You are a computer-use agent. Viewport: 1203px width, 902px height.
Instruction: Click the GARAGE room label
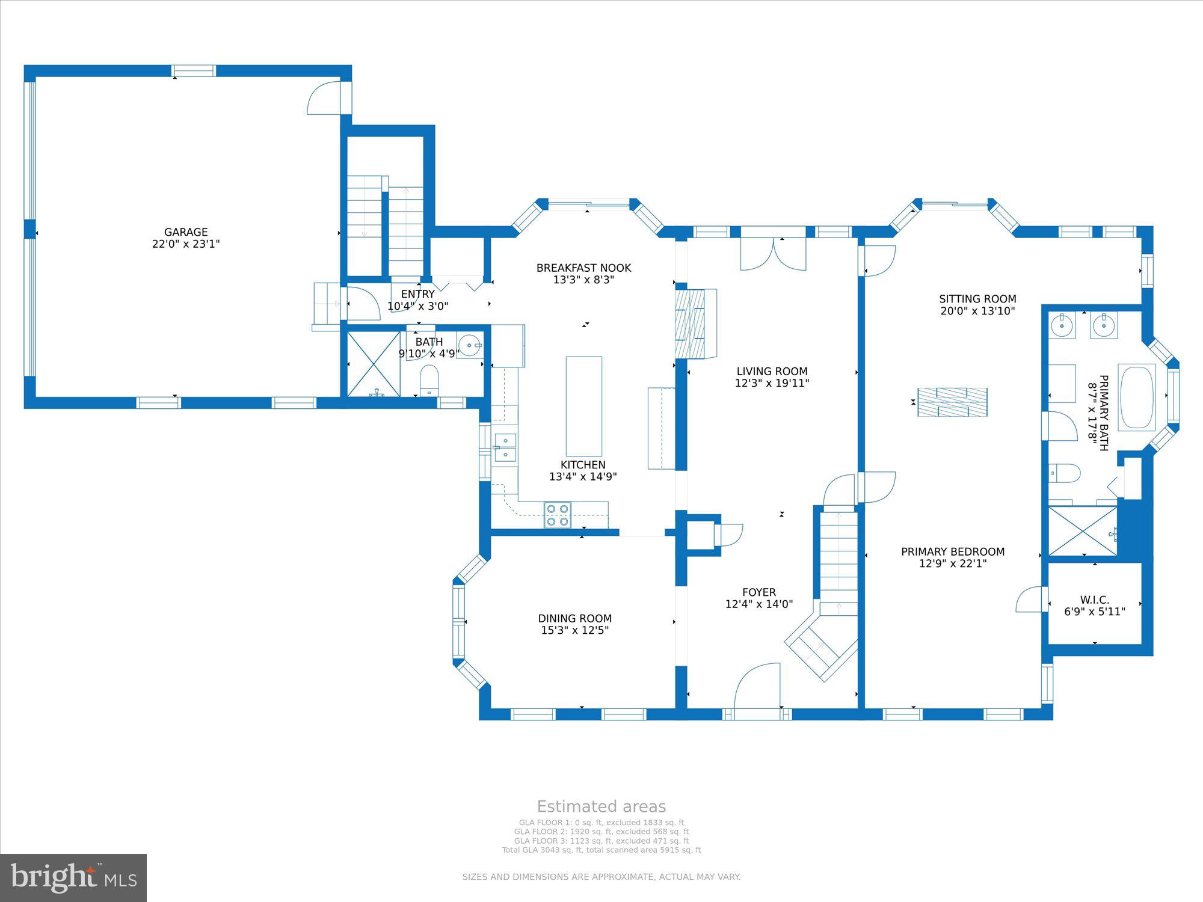tap(186, 232)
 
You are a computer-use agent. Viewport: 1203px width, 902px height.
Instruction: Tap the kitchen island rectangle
tap(583, 406)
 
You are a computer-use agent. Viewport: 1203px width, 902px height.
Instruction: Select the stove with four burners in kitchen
tap(558, 515)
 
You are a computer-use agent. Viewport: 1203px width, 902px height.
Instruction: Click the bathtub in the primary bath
tap(1136, 397)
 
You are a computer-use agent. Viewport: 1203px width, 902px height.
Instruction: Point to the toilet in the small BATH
tap(429, 379)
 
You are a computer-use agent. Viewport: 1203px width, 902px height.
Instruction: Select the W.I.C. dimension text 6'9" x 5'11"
tap(1094, 612)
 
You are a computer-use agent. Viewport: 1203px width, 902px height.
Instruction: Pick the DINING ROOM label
tap(574, 618)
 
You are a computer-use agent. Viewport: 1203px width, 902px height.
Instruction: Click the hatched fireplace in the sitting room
tap(952, 402)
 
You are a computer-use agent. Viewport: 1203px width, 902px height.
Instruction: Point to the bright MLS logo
tap(73, 877)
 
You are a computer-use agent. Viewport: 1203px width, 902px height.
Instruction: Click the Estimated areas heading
tap(601, 806)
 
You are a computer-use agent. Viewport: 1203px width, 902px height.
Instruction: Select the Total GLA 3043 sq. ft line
tap(601, 850)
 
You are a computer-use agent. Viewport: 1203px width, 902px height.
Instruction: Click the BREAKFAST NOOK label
tap(583, 268)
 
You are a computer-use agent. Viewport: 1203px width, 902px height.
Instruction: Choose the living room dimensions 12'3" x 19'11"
tap(772, 383)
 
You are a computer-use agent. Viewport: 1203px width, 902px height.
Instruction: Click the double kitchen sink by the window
tap(505, 448)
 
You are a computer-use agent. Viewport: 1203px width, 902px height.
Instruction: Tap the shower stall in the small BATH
tap(374, 363)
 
